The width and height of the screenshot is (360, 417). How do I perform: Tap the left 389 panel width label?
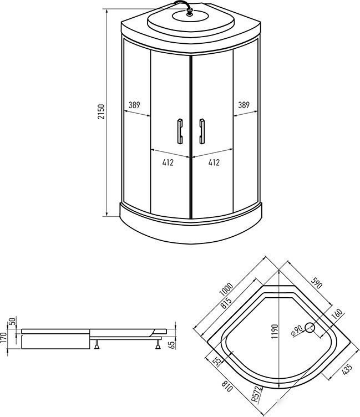(134, 105)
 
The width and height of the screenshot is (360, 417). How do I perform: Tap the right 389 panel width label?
(243, 105)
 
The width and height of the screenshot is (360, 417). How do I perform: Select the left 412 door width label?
(169, 162)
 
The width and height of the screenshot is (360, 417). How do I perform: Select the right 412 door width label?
(214, 162)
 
